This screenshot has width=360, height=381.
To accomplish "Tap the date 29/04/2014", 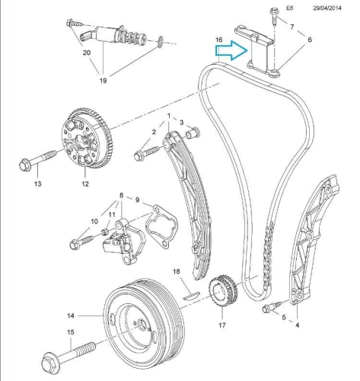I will [x=332, y=8].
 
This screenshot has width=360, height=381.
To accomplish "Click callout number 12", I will [x=85, y=184].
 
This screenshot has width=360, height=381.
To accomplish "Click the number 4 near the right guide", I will [x=298, y=325].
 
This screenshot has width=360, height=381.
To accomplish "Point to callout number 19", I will [x=102, y=77].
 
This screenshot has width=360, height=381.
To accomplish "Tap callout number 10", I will [x=94, y=222].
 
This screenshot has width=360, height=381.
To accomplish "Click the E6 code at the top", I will [x=289, y=8].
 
